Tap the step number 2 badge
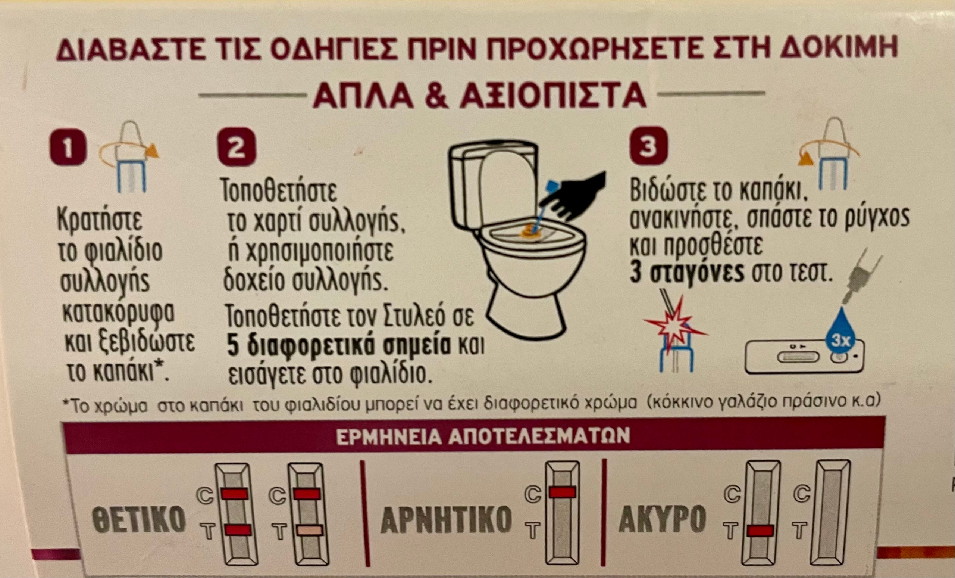[x=237, y=147]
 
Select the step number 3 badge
[x=648, y=146]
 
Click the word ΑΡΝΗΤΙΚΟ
[x=446, y=519]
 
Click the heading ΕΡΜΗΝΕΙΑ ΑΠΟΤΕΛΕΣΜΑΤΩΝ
[x=483, y=436]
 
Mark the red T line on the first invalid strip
[x=760, y=531]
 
